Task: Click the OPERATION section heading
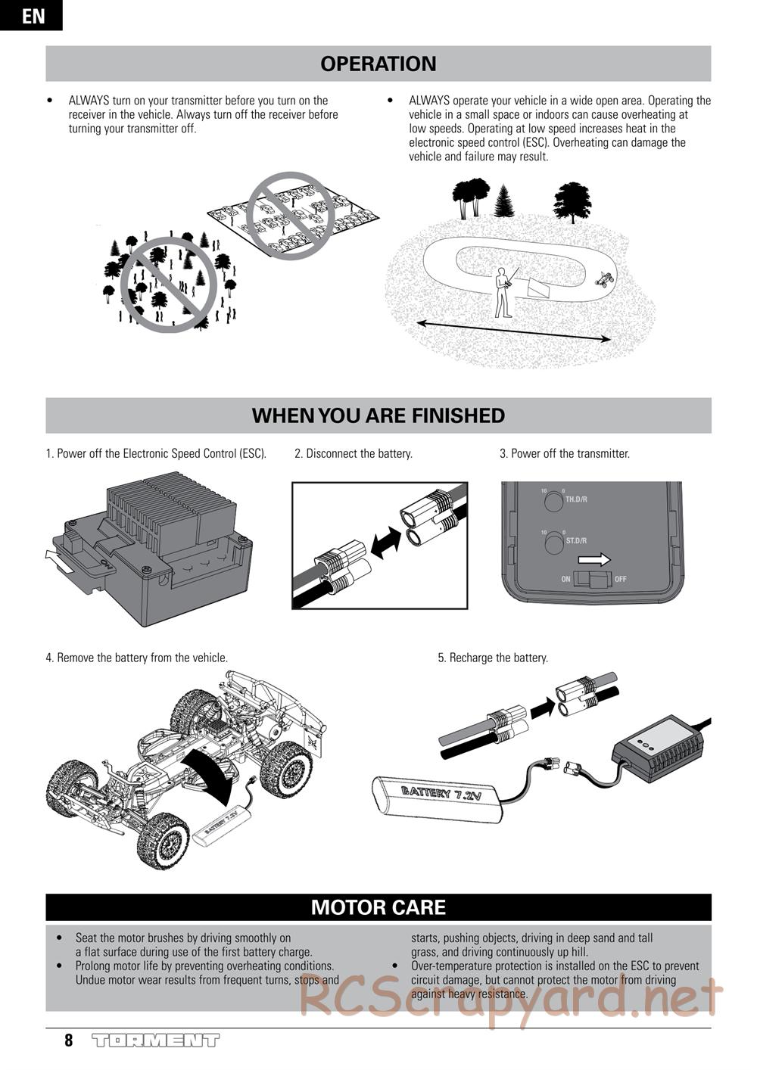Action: pyautogui.click(x=378, y=64)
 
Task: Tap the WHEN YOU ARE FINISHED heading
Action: pyautogui.click(x=378, y=415)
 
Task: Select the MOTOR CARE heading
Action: pyautogui.click(x=378, y=907)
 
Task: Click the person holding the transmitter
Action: pyautogui.click(x=504, y=292)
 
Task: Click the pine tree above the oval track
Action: pyautogui.click(x=503, y=201)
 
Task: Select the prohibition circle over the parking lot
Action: pyautogui.click(x=290, y=216)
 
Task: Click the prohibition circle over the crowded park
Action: pyautogui.click(x=169, y=285)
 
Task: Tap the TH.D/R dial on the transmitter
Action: pyautogui.click(x=554, y=502)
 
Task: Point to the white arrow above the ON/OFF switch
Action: pyautogui.click(x=593, y=559)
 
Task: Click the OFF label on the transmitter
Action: pyautogui.click(x=620, y=579)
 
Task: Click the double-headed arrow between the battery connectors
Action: pyautogui.click(x=386, y=542)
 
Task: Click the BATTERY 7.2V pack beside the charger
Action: pyautogui.click(x=437, y=798)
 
